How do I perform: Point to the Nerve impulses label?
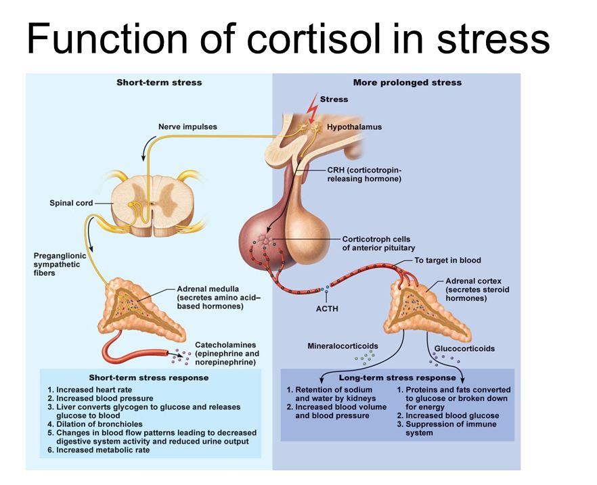point(187,126)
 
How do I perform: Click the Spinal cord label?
point(71,203)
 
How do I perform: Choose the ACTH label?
point(327,308)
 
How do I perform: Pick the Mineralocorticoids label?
point(342,346)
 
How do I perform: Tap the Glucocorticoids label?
point(464,349)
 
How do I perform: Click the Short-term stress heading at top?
point(159,83)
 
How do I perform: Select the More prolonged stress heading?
point(407,83)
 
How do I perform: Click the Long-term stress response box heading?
point(397,377)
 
